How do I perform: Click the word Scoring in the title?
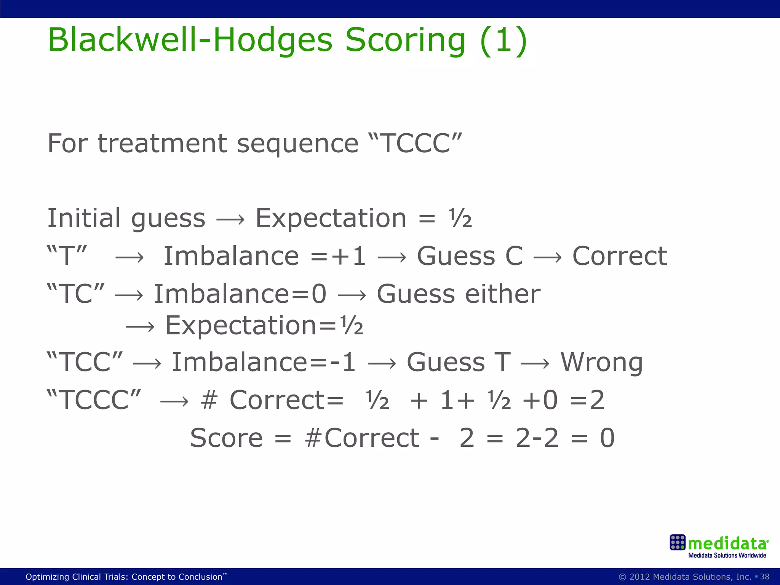coord(405,41)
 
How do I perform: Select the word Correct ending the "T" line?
coord(620,256)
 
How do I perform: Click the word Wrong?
coord(602,362)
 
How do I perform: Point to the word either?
coord(503,294)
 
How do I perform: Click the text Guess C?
coord(470,256)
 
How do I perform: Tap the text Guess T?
coord(459,362)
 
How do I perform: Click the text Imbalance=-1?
coord(264,362)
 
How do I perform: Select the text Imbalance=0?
coord(240,294)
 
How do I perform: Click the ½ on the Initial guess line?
coord(460,219)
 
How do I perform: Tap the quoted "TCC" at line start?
coord(85,362)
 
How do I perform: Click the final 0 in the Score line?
coord(607,438)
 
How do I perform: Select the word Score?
coord(226,438)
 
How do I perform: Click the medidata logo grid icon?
coord(678,542)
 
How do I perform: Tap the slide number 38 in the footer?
coord(764,577)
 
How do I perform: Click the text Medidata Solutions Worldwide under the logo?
coord(727,555)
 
